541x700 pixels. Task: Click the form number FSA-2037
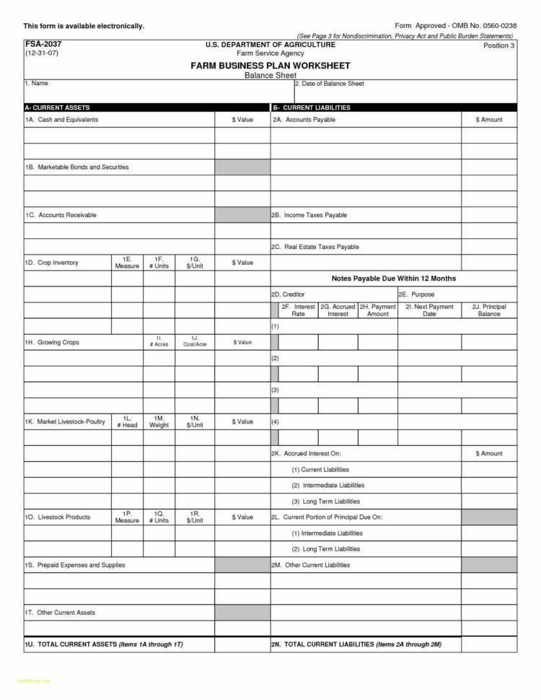point(39,44)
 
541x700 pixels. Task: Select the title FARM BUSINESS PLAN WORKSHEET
point(270,65)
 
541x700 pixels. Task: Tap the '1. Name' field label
point(36,84)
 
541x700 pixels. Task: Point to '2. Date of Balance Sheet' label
point(330,84)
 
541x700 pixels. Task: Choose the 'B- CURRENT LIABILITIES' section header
point(312,107)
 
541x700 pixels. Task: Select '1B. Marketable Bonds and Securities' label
point(76,167)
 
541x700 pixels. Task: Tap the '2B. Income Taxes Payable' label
point(309,215)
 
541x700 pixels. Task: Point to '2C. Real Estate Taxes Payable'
point(315,247)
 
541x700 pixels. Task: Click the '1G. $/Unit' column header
point(195,262)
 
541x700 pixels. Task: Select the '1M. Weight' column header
point(159,421)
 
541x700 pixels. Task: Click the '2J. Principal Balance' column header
point(489,310)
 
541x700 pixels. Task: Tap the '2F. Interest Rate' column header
point(298,310)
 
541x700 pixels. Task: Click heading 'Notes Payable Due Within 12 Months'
point(393,278)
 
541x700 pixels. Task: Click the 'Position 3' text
point(498,45)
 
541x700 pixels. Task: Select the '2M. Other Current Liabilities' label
point(310,564)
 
